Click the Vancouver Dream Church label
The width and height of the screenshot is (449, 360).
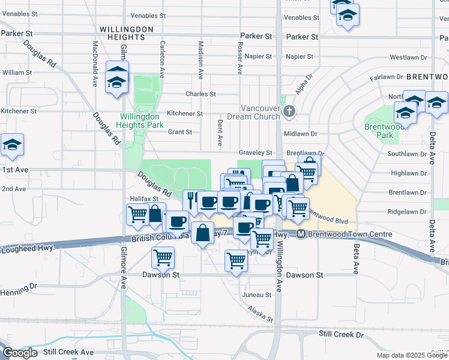(256, 112)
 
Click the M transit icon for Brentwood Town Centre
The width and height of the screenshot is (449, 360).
(301, 234)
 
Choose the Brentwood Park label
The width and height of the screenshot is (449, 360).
(379, 131)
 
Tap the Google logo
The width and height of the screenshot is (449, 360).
(20, 353)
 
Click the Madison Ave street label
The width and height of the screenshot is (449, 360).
(200, 60)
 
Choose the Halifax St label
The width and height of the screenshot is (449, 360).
(143, 198)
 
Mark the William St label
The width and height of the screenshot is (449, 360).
(17, 72)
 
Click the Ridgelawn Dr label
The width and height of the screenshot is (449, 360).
(407, 212)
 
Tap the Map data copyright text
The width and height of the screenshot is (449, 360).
(412, 355)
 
